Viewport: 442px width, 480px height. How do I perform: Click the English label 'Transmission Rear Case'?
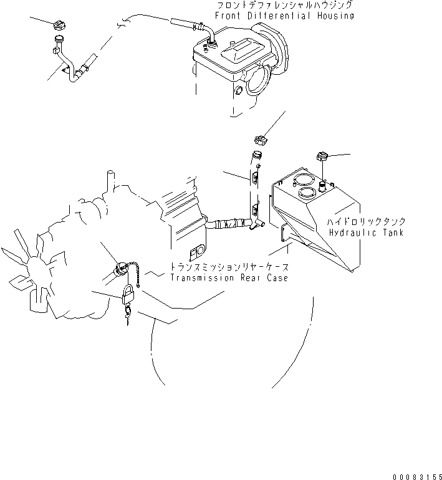pyautogui.click(x=229, y=277)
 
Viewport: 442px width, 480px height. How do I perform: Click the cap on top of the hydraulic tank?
pyautogui.click(x=322, y=156)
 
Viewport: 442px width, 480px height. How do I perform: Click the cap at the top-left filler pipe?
pyautogui.click(x=60, y=27)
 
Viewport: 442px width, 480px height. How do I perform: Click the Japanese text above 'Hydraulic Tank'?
pyautogui.click(x=367, y=221)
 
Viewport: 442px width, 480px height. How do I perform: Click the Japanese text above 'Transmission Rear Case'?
pyautogui.click(x=229, y=267)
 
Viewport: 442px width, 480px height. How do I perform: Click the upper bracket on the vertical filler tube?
pyautogui.click(x=254, y=179)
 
